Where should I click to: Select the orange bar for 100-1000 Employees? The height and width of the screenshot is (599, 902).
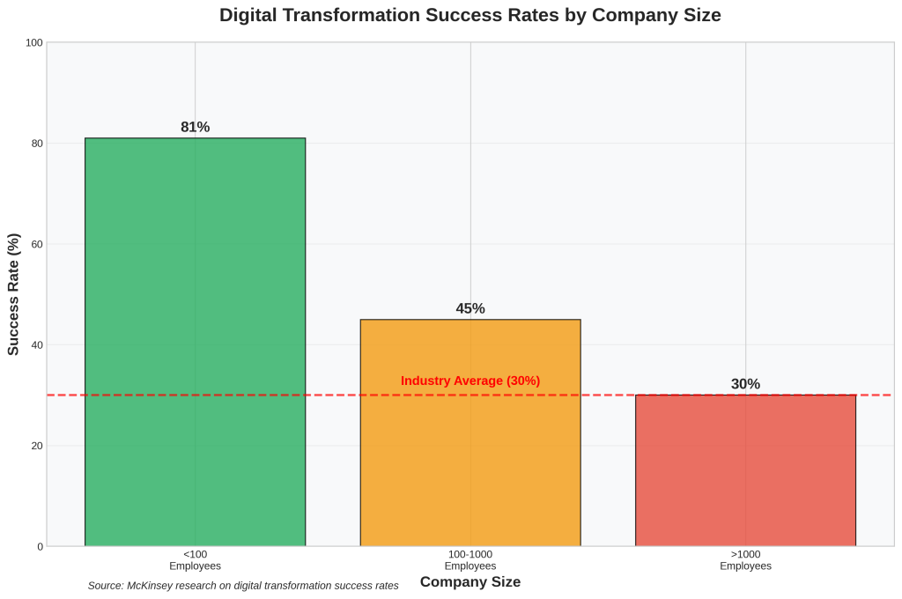click(470, 440)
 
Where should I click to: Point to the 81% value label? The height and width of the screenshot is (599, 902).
click(195, 127)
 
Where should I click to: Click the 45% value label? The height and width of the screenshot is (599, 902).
click(470, 308)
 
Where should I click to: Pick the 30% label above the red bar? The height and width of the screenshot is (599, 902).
click(745, 384)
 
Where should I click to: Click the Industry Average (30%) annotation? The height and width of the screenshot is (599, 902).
click(470, 381)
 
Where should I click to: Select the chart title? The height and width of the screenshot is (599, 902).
click(470, 15)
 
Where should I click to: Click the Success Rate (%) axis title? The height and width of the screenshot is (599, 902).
click(13, 294)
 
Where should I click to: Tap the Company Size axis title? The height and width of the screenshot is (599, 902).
click(470, 581)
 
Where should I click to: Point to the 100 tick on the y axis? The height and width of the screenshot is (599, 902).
click(34, 42)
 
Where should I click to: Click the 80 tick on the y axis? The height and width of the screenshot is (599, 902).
click(37, 144)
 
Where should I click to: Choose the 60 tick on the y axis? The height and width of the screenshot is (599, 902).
click(37, 244)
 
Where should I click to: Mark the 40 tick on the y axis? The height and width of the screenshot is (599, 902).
click(37, 345)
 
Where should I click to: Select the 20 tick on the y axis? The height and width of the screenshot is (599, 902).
click(37, 446)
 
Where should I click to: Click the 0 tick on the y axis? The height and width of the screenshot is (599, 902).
click(40, 547)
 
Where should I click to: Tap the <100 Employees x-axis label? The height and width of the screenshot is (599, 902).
click(195, 559)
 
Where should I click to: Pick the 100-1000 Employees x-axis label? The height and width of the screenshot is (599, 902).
click(470, 559)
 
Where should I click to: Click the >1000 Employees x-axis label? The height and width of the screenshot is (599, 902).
click(745, 559)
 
